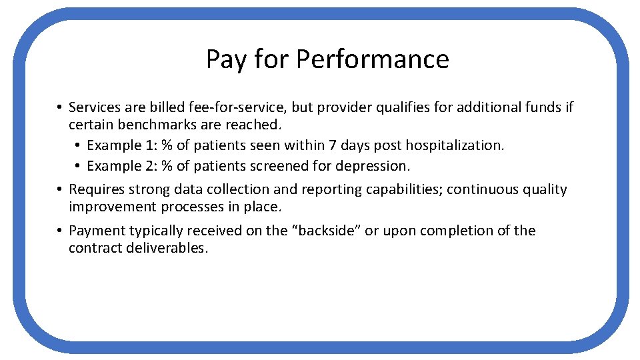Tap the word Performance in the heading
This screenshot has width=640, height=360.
tap(373, 60)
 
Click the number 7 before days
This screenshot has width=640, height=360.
tap(339, 145)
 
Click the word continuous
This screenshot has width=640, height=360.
tap(479, 189)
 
